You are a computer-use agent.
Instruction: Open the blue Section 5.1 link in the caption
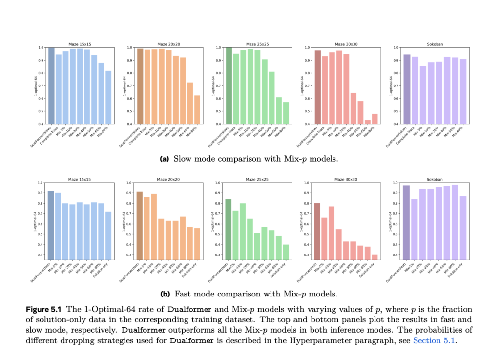coord(435,340)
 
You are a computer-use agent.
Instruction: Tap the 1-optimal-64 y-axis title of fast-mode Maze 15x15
coord(36,221)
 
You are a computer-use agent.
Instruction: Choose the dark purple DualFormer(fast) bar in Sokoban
coord(406,222)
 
